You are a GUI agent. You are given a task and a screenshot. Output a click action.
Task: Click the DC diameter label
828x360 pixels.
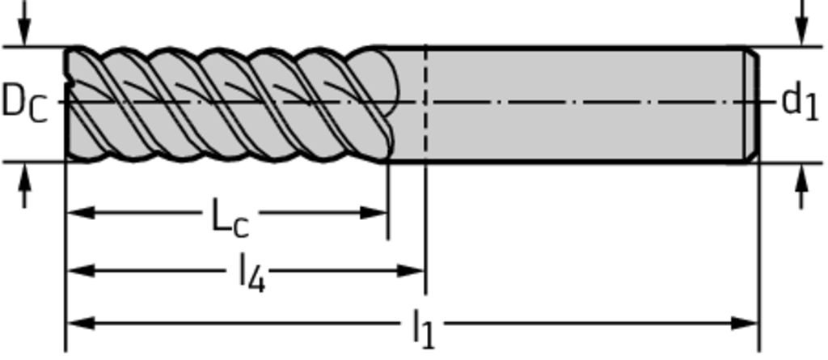tap(24, 103)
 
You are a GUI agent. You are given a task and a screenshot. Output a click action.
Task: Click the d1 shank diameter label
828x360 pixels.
tap(799, 102)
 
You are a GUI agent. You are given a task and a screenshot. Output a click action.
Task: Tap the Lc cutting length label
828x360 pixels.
tap(230, 216)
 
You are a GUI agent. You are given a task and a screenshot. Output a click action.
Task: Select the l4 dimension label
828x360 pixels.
tap(251, 274)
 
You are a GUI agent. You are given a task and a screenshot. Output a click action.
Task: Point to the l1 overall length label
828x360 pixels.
tap(423, 328)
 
